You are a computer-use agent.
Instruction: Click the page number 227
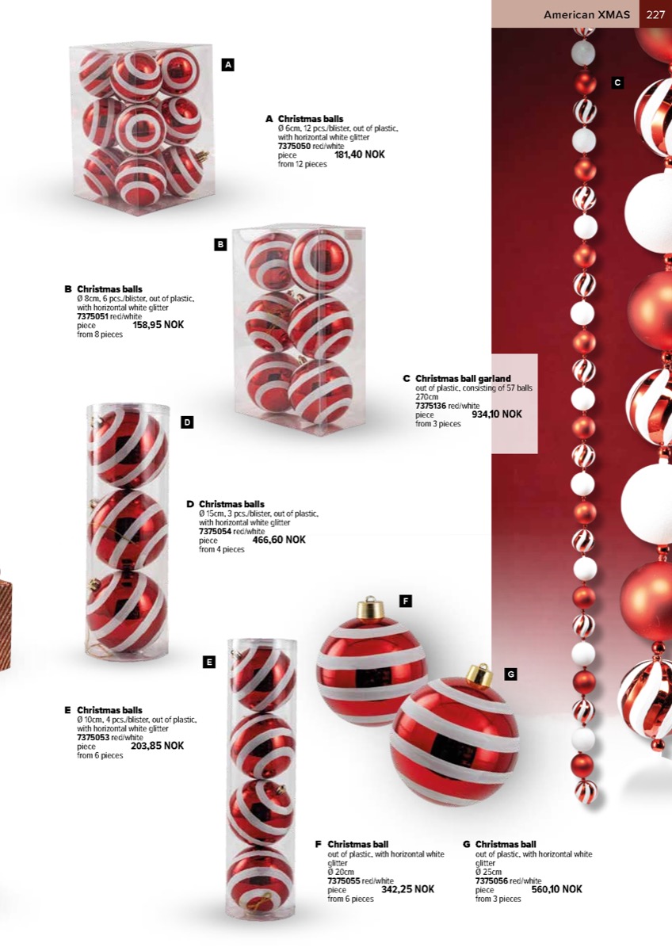655,15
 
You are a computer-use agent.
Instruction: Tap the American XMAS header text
586,15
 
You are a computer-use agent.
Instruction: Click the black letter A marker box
228,65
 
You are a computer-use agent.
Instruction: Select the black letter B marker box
220,245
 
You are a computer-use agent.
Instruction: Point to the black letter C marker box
617,82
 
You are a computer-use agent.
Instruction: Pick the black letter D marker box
187,422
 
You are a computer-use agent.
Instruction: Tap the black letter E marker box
209,662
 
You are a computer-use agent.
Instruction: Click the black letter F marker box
406,601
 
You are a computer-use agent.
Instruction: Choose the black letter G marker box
510,674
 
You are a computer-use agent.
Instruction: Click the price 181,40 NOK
360,155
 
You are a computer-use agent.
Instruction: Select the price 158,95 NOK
158,325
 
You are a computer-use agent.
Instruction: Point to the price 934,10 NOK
497,414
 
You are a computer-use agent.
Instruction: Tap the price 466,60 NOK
279,540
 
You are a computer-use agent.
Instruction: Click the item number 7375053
94,737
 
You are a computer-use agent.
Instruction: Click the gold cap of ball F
368,608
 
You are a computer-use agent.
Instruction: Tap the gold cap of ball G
480,676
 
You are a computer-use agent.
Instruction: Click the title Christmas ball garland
463,378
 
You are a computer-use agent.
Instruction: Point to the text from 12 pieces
302,164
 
